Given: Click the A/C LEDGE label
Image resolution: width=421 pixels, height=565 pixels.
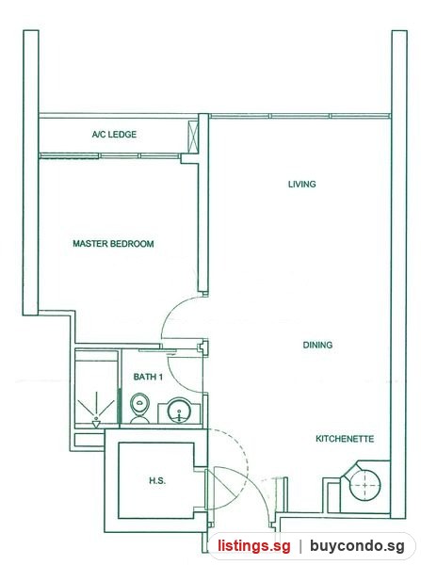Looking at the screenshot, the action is coord(114,135).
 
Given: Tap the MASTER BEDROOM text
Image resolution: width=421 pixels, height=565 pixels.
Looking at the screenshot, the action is coord(113,244).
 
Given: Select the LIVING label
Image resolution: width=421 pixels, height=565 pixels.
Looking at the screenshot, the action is coord(302,185).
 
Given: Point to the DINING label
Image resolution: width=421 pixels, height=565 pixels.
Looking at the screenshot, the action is coord(317,345).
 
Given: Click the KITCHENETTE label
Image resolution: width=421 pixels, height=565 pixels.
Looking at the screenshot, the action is coord(345,439).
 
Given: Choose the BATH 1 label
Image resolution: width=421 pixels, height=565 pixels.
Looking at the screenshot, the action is coord(148,377).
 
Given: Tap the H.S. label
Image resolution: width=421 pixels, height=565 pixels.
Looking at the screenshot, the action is coord(157,480).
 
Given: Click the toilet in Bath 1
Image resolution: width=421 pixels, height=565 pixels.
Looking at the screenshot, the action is coord(139,409).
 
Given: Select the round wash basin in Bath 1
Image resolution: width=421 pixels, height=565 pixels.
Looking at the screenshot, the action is coord(179,410).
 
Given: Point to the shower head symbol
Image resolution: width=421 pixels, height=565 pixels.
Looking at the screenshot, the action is coord(96,420).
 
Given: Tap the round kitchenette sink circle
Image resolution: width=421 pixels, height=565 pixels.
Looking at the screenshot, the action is coord(365,485).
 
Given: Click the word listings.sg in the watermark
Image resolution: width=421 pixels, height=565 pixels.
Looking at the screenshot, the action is coord(253,546).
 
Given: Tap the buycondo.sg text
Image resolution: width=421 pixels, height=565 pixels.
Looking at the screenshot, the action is coord(357,546).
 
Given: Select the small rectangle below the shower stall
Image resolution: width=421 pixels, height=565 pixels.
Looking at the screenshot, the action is coord(89,440).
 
